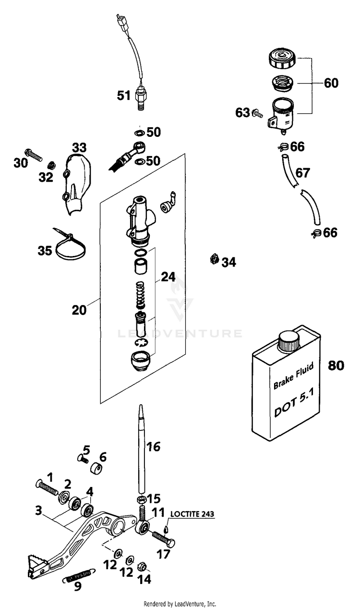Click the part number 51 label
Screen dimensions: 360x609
point(124,96)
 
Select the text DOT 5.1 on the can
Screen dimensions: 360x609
point(294,402)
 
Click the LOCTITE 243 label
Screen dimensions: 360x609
point(192,514)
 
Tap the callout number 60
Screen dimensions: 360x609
point(331,83)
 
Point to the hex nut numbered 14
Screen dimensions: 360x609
point(142,566)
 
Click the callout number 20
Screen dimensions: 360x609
point(79,310)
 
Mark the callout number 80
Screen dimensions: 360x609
point(336,365)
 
